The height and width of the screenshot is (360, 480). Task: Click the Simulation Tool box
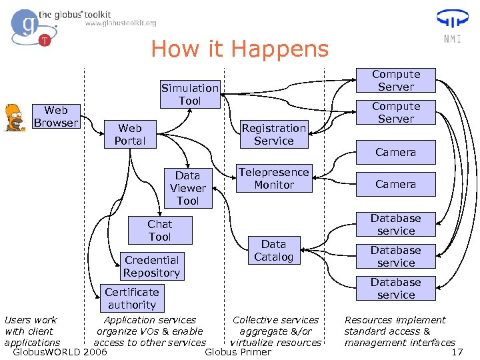click(189, 94)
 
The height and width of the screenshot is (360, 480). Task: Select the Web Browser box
click(56, 116)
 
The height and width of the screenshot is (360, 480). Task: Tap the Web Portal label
click(129, 134)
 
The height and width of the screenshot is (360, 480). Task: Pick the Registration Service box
click(273, 134)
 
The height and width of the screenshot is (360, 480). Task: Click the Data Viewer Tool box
click(187, 188)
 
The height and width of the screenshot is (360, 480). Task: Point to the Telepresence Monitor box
click(274, 179)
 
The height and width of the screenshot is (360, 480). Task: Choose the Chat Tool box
click(159, 231)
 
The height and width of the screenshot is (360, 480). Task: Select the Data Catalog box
click(273, 251)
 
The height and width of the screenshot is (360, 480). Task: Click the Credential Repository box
click(151, 267)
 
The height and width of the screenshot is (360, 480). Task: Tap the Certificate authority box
click(132, 298)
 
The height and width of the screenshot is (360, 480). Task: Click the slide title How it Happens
click(239, 49)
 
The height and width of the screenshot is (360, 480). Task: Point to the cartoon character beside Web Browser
click(15, 117)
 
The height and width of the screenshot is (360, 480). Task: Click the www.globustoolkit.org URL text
click(121, 23)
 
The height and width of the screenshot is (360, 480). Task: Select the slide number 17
click(457, 352)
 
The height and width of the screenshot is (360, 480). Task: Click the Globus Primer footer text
click(239, 352)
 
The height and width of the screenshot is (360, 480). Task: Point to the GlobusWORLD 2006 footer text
click(60, 352)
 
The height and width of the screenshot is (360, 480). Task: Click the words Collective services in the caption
click(275, 321)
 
